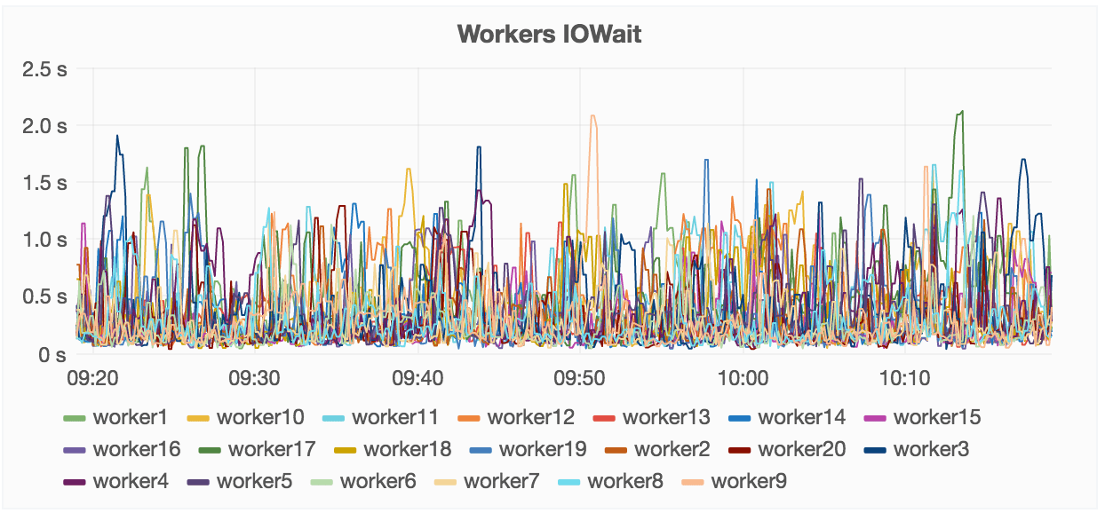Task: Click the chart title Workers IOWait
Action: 549,35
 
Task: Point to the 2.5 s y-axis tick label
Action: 44,68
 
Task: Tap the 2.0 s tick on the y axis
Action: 44,125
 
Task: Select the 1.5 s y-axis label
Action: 44,183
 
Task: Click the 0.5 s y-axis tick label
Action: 44,297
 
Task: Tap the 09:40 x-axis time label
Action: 417,379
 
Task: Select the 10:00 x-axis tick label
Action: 742,379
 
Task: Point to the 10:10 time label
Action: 904,379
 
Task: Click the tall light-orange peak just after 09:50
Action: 592,117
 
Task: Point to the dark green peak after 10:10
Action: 960,113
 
